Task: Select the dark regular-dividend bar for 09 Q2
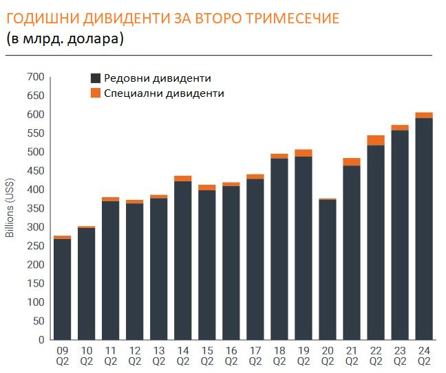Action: pyautogui.click(x=62, y=289)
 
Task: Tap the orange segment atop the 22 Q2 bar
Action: pyautogui.click(x=376, y=140)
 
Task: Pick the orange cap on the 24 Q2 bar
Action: pyautogui.click(x=424, y=115)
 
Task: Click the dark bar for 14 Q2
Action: pyautogui.click(x=182, y=260)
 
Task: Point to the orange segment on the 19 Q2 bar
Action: pyautogui.click(x=304, y=152)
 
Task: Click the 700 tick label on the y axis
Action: pyautogui.click(x=35, y=77)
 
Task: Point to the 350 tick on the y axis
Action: pyautogui.click(x=35, y=208)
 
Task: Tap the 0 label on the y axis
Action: pyautogui.click(x=41, y=339)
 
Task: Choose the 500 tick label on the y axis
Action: pyautogui.click(x=35, y=152)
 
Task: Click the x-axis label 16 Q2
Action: pyautogui.click(x=231, y=356)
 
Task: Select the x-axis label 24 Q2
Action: pyautogui.click(x=424, y=356)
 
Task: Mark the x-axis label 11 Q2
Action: pyautogui.click(x=110, y=356)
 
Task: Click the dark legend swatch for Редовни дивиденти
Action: pyautogui.click(x=96, y=78)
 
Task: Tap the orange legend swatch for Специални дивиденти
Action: pyautogui.click(x=96, y=93)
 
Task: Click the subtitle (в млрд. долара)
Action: pyautogui.click(x=65, y=39)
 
